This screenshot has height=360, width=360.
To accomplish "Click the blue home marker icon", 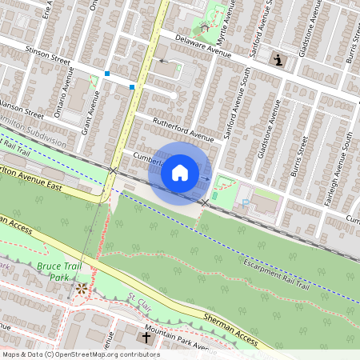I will pyautogui.click(x=180, y=172).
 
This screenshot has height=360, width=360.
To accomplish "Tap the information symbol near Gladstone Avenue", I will pyautogui.click(x=278, y=59).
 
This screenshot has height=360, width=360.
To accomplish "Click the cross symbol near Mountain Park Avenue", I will pyautogui.click(x=146, y=338).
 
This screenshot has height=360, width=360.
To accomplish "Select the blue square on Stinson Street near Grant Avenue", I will pyautogui.click(x=107, y=74).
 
